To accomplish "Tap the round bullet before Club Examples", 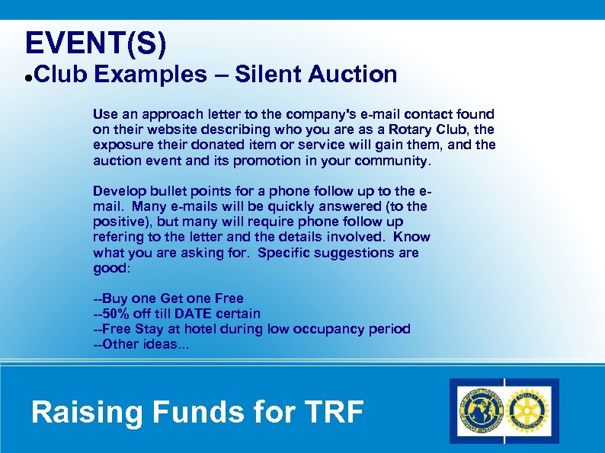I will pyautogui.click(x=27, y=78).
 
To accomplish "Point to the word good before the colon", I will pyautogui.click(x=110, y=268).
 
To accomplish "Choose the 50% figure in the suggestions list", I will pyautogui.click(x=117, y=314).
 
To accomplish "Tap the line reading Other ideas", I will pyautogui.click(x=142, y=344).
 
